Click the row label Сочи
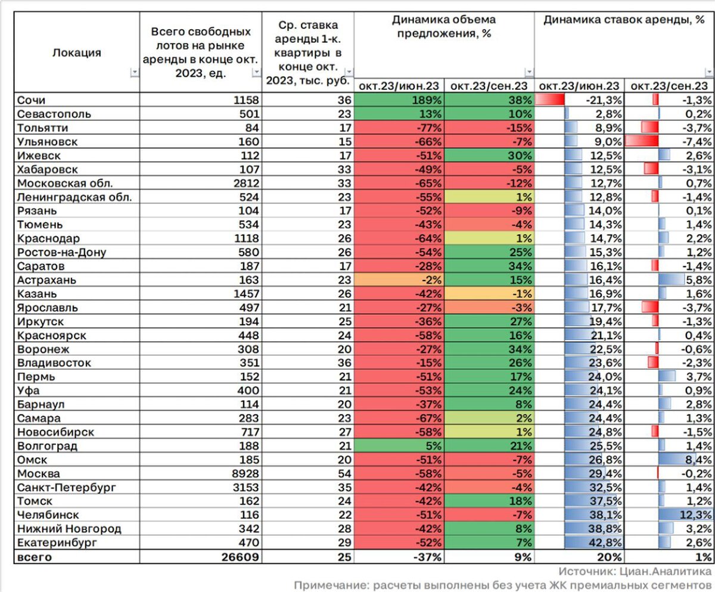30,99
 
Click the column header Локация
77,52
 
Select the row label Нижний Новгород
69,529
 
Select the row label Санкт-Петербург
66,487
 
